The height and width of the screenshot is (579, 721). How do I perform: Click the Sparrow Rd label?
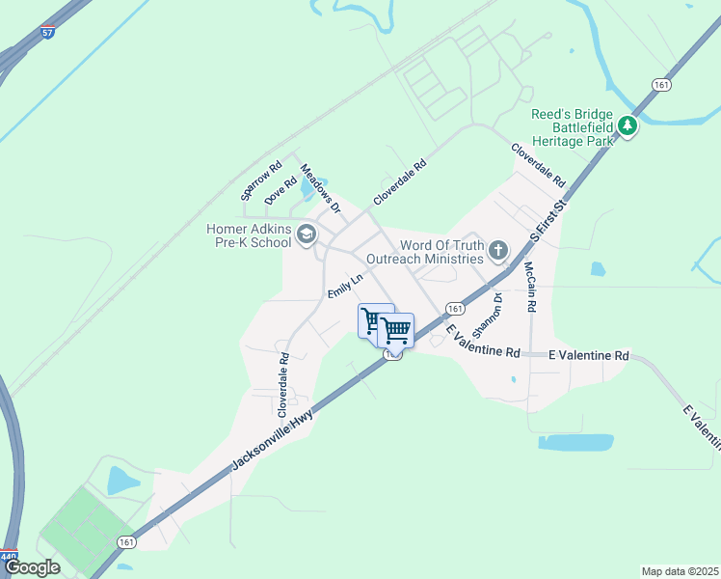261,180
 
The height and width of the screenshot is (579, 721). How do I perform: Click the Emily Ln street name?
344,286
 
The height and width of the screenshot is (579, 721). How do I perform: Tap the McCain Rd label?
529,287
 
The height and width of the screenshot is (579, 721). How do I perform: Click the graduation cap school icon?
307,234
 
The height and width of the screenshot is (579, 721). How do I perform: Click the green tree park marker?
628,126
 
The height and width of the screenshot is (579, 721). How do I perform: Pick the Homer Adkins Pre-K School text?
249,235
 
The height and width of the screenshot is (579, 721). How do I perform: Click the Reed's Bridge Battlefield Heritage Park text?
573,127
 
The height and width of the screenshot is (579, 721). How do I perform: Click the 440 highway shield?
9,557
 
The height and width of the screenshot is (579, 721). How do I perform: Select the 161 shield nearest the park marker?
660,86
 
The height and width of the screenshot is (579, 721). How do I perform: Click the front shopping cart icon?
395,331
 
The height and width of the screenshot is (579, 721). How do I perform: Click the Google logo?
32,567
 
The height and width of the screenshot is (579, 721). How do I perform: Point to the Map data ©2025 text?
680,571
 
